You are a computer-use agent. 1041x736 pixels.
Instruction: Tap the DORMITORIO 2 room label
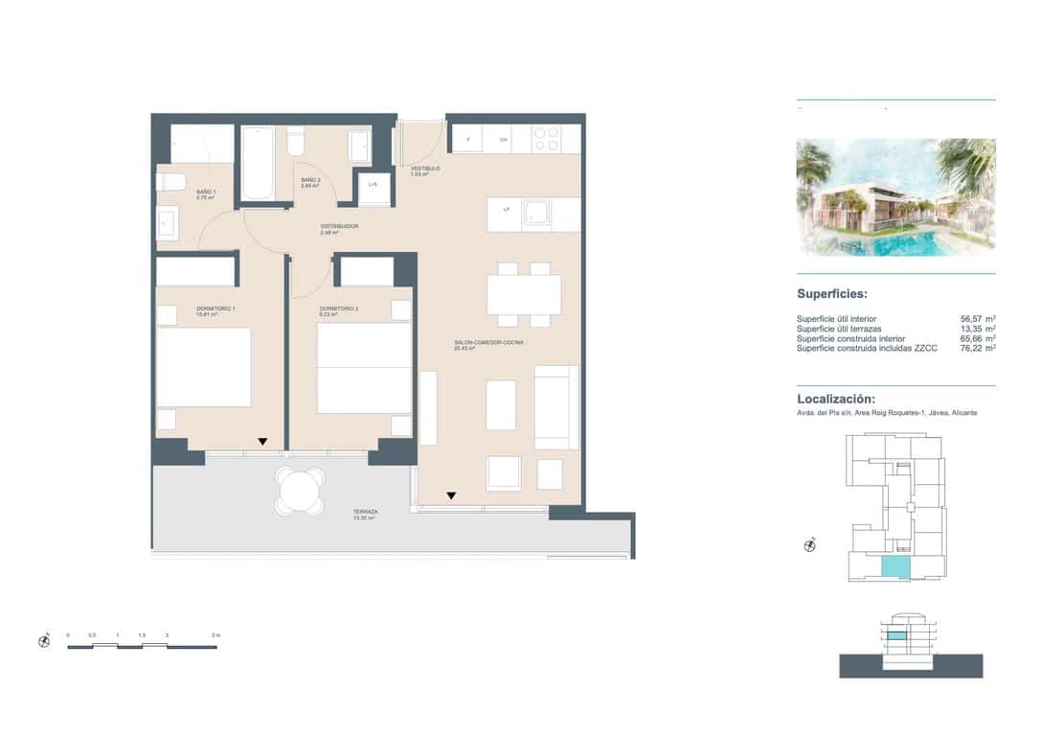point(338,310)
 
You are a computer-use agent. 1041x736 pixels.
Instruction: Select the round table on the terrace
point(300,493)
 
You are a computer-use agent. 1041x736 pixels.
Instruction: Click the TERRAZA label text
point(365,513)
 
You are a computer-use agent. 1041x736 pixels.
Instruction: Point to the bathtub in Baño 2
point(257,163)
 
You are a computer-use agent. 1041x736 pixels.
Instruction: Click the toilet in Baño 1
point(172,181)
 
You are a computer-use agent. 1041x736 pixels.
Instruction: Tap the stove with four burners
point(545,139)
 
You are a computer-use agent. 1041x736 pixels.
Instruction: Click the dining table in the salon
point(523,294)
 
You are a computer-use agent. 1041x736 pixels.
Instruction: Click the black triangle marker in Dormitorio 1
point(261,442)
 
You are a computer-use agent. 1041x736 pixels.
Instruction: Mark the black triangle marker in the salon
point(450,495)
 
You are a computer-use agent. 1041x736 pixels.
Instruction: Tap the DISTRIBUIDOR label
point(339,227)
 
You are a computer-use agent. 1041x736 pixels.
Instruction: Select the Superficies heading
point(832,294)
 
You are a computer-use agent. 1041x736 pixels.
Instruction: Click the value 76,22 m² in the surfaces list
point(977,348)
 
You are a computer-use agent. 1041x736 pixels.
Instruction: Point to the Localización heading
point(835,399)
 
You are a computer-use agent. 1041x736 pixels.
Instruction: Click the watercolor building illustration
point(895,197)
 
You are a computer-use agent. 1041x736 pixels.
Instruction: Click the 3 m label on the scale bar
point(216,635)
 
